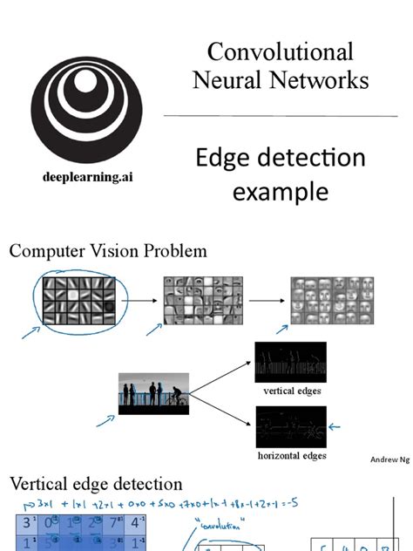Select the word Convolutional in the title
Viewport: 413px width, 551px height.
tap(281, 51)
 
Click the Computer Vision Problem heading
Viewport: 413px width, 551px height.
tap(108, 251)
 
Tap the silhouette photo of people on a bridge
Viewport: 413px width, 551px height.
tap(152, 393)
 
